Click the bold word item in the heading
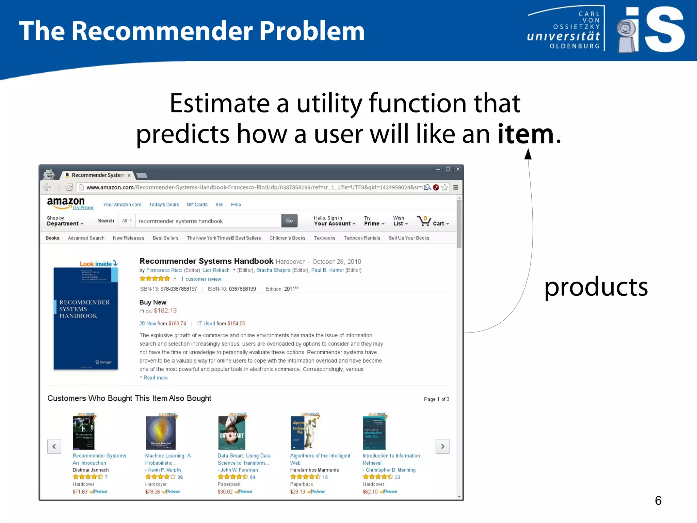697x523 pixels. point(525,134)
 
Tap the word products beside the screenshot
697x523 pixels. point(596,287)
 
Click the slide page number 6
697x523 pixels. point(658,501)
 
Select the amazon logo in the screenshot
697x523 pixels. point(66,202)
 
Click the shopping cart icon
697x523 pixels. point(424,221)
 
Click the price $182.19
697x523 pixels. point(165,311)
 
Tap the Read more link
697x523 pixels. point(156,378)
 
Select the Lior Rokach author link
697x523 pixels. point(216,270)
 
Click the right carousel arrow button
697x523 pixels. point(442,446)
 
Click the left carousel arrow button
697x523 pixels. point(54,446)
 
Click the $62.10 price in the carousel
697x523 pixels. point(370,492)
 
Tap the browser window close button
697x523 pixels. point(458,169)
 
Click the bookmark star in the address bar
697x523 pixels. point(445,187)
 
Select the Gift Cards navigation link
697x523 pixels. point(197,205)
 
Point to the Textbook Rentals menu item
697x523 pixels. point(362,238)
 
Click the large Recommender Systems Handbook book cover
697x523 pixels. point(85,319)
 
